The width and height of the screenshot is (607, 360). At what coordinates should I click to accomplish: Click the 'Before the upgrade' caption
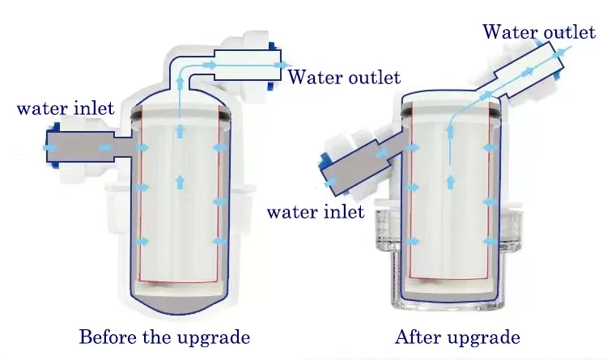tap(163, 337)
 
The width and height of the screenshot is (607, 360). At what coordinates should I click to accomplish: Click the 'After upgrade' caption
tap(457, 337)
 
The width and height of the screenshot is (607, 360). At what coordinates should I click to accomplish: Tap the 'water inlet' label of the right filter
tap(316, 213)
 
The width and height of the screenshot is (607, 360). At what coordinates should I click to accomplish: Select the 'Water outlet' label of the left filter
tap(344, 78)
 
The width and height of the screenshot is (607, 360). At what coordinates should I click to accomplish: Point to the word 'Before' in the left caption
tap(105, 337)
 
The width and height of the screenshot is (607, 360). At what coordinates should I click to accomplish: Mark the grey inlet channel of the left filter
tap(81, 147)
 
